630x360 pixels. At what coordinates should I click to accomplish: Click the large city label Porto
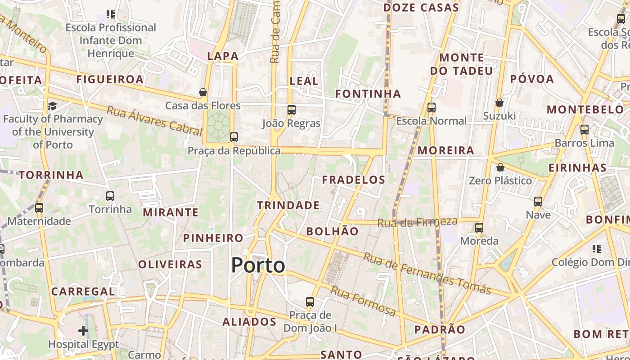point(258,265)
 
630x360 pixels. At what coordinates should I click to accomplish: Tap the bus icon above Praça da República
point(234,137)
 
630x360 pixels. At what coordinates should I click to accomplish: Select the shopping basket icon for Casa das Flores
point(203,92)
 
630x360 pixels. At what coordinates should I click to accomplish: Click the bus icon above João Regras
point(291,109)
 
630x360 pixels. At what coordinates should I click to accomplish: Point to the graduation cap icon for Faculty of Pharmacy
point(53,106)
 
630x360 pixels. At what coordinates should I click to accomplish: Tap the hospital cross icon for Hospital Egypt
point(83,331)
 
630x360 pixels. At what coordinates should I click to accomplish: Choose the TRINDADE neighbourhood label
point(288,206)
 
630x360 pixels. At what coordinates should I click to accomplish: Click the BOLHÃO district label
point(332,232)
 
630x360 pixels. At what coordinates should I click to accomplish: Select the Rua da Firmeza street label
point(417,222)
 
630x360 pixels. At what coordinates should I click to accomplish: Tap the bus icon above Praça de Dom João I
point(310,301)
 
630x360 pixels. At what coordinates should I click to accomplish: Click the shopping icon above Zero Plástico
point(500,167)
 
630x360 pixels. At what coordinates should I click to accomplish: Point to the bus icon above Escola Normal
point(431,108)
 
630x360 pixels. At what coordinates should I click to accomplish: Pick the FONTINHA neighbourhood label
point(368,94)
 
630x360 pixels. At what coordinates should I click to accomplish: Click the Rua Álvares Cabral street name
point(154,121)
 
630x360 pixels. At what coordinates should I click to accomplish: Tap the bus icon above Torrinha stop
point(110,196)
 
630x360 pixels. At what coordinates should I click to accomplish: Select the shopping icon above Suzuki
point(499,103)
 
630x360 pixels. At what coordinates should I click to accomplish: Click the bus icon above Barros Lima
point(584,130)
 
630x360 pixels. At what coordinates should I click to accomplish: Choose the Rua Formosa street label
point(363,301)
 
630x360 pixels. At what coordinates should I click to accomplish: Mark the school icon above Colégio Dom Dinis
point(597,248)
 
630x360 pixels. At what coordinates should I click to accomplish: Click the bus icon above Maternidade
point(39,208)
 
